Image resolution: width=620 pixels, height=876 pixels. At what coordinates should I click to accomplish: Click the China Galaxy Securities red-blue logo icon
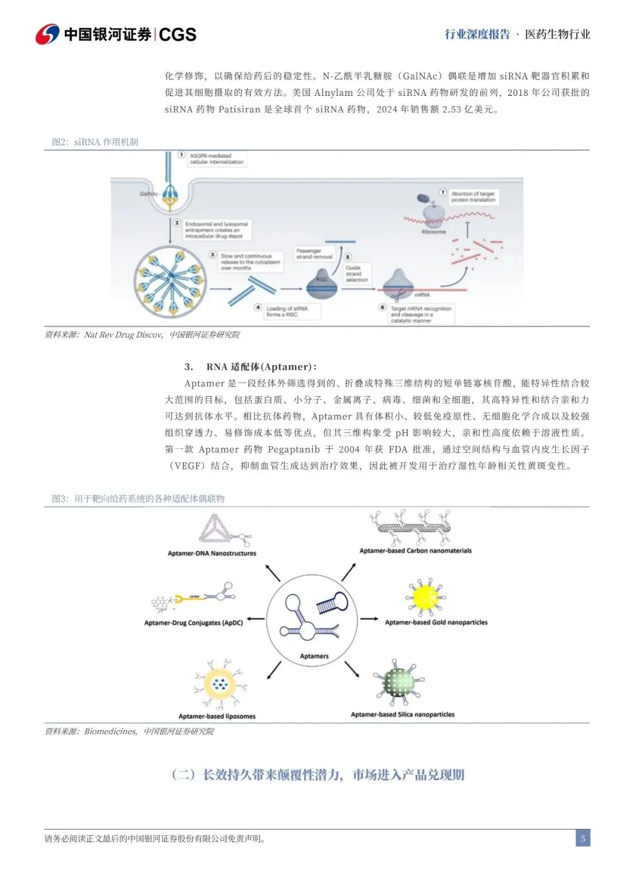coord(47,34)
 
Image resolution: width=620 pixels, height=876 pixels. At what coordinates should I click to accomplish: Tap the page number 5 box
coord(583,838)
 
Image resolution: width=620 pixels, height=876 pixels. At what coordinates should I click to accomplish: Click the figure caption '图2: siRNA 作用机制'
coord(95,142)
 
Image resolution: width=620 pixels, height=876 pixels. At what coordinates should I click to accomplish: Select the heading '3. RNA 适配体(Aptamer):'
coord(250,367)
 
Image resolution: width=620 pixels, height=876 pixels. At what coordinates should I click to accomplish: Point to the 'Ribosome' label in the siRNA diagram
coord(433,232)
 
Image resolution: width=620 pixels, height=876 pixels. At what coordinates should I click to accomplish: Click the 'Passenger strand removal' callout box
coord(314,254)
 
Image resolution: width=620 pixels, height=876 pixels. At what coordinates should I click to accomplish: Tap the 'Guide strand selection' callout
coord(356,273)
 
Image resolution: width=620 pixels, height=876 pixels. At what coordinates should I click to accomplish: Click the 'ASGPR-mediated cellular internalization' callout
coord(216,159)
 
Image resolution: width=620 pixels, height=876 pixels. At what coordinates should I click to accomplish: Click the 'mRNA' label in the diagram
coord(422,294)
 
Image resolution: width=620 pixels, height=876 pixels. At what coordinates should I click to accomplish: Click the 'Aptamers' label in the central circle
coord(314,656)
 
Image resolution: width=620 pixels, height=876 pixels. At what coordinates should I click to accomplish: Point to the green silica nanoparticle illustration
coord(400,683)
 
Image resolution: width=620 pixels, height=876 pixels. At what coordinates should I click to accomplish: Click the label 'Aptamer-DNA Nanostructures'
coord(212,553)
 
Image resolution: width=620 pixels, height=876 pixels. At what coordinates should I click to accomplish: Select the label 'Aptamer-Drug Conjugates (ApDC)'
coord(193,623)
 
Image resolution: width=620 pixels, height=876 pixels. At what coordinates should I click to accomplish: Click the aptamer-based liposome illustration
coord(218,685)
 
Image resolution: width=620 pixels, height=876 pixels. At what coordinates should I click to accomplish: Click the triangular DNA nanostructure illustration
coord(217,529)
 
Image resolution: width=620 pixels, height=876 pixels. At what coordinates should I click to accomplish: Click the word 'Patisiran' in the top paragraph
coord(240,109)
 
